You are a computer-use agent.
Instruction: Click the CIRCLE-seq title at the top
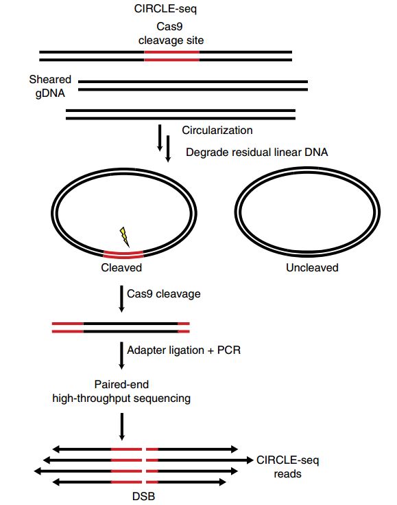165,9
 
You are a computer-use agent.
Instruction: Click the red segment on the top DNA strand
171,52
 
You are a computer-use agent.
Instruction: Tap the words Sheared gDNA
50,87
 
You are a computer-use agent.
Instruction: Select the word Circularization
217,130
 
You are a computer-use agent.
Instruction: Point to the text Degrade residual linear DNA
257,152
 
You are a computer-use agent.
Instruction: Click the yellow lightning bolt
124,236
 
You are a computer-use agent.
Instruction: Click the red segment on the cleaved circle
123,254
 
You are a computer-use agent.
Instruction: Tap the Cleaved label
121,267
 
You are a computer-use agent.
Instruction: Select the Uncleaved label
312,267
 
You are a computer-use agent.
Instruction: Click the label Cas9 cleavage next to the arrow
164,294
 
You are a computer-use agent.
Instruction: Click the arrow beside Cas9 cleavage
121,299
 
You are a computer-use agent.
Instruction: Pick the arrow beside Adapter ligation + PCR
121,355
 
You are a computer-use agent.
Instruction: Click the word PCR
229,350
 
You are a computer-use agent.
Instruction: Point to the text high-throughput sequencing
121,399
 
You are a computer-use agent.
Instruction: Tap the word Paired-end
121,384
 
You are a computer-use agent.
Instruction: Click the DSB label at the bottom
143,496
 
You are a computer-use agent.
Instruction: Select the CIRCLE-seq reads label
288,467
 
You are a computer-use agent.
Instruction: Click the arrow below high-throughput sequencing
121,427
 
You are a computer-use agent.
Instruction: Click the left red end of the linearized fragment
68,327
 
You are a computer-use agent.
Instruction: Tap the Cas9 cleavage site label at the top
171,33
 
